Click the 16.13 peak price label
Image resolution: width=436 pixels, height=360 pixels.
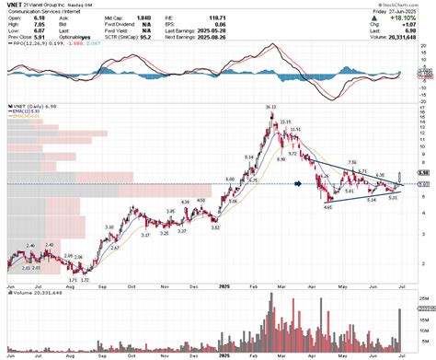pyautogui.click(x=270, y=108)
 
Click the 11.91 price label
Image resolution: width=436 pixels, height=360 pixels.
pyautogui.click(x=295, y=131)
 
